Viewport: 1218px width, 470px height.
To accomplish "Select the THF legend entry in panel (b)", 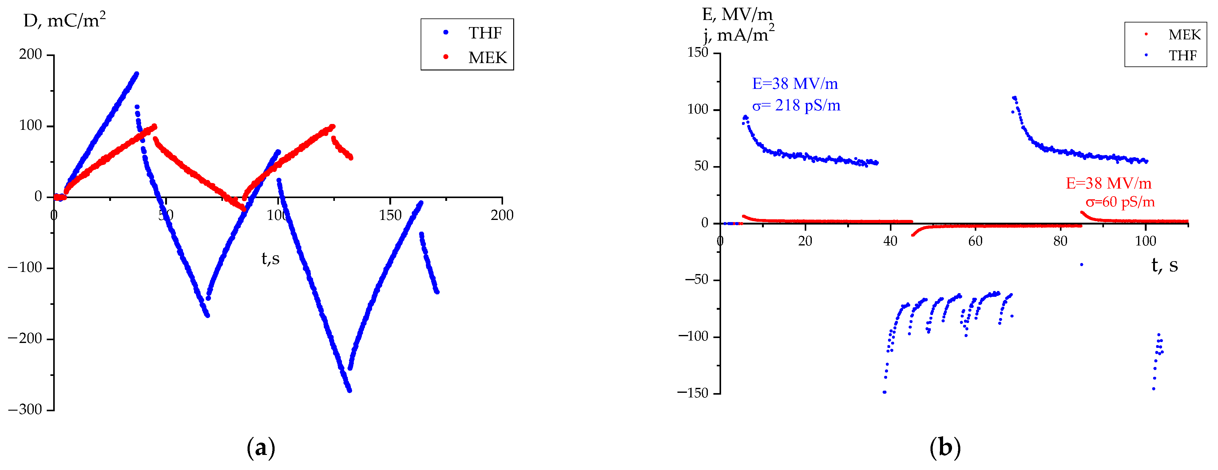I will coord(1183,56).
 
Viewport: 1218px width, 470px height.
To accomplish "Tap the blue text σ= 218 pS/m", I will coord(796,106).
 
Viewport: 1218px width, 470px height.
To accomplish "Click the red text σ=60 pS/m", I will coord(1120,202).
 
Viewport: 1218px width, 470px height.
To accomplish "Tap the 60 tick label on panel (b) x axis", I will coord(975,241).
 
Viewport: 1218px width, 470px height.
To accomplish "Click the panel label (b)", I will coord(945,447).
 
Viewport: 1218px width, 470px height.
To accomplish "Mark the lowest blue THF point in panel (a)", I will coord(349,391).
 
